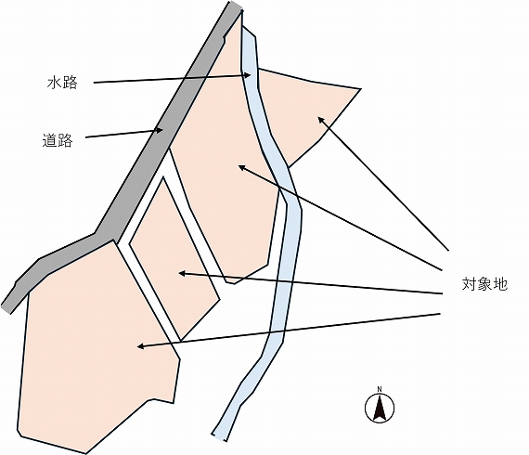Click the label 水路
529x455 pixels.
62,83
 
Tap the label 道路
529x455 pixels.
58,140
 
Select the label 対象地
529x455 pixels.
484,284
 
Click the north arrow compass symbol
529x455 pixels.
380,408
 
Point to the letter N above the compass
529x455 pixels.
380,389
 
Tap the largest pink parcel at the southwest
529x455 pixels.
97,347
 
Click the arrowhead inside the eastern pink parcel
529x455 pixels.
321,119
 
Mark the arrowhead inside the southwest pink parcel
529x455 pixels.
141,346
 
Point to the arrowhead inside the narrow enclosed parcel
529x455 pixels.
182,273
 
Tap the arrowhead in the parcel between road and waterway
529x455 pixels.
241,167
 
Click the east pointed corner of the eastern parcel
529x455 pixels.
361,89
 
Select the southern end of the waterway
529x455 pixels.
219,437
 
